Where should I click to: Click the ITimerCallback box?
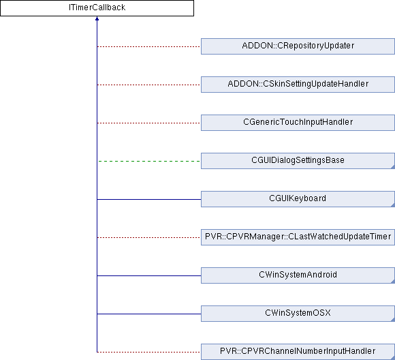pos(97,8)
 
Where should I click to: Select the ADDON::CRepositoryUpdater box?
pos(298,46)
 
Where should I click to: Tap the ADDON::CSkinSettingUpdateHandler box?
pos(298,85)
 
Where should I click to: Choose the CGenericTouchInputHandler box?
pos(298,123)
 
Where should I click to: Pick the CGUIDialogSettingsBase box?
pos(298,161)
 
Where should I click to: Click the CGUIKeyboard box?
pos(298,199)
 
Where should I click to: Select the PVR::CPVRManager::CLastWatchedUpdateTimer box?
pos(298,237)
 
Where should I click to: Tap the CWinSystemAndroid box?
pos(298,275)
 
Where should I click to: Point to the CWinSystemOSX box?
pos(298,314)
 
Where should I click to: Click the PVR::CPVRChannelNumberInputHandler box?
pos(298,352)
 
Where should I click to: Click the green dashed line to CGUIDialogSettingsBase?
pos(149,161)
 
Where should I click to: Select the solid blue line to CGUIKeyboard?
pos(149,199)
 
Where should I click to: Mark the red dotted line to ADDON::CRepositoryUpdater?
pos(148,46)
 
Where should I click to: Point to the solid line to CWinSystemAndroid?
pos(149,275)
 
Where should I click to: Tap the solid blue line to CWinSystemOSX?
pos(149,314)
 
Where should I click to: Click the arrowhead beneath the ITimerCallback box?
pos(97,18)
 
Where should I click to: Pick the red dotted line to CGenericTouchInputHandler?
pos(148,123)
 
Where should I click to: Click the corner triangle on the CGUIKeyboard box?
pos(393,205)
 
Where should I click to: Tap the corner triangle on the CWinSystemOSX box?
pos(393,320)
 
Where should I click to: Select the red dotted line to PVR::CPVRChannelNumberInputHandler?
pos(148,352)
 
